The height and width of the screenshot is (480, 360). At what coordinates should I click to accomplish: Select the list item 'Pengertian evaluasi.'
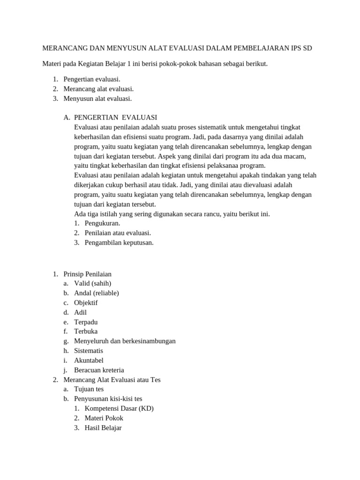(92, 79)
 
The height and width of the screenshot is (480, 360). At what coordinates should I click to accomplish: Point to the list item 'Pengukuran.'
(102, 223)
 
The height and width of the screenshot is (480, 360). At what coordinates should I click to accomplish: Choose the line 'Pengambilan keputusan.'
(119, 242)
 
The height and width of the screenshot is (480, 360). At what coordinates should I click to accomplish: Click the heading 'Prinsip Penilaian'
(87, 274)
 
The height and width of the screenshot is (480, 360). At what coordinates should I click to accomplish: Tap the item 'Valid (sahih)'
(92, 283)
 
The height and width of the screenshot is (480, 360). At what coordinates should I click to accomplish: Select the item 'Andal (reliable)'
(96, 293)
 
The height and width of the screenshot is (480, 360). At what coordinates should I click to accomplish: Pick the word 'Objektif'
(86, 303)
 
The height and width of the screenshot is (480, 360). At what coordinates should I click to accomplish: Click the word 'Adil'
(80, 312)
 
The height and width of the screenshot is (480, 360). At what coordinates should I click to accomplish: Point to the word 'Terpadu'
(86, 322)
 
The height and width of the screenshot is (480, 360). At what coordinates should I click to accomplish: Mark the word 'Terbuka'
(86, 331)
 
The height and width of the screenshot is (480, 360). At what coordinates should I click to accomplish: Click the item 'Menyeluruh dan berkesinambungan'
(125, 341)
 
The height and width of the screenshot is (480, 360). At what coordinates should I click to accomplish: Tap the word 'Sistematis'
(89, 351)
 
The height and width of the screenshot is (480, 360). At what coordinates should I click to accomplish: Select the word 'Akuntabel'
(89, 360)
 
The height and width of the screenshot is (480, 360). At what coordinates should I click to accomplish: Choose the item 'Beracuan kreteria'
(99, 370)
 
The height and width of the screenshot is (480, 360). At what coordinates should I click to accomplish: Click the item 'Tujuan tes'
(89, 389)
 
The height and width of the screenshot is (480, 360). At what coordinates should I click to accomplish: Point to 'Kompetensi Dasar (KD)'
(119, 408)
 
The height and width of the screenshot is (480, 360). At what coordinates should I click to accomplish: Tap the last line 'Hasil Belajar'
(103, 427)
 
